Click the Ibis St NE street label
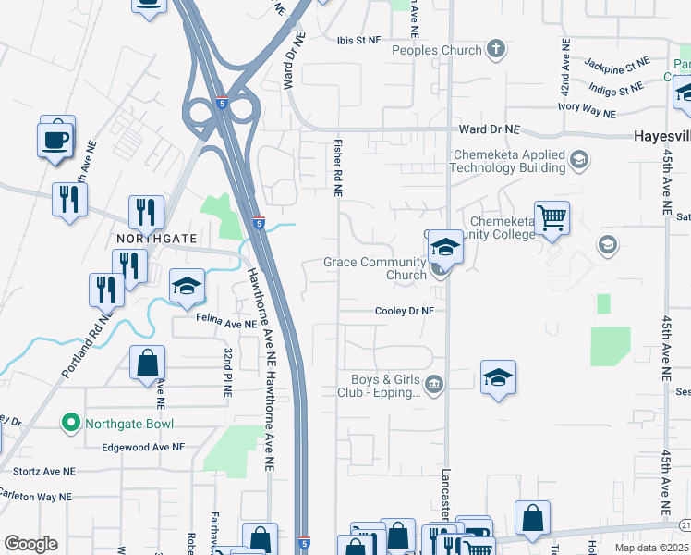pyautogui.click(x=358, y=41)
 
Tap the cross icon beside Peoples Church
pyautogui.click(x=496, y=50)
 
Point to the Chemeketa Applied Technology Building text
pyautogui.click(x=507, y=162)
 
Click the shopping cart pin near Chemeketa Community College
pyautogui.click(x=552, y=219)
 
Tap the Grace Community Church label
pyautogui.click(x=374, y=268)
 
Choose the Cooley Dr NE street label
pyautogui.click(x=404, y=312)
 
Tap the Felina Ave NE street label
pyautogui.click(x=225, y=325)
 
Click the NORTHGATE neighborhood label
pyautogui.click(x=157, y=239)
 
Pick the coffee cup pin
pyautogui.click(x=54, y=140)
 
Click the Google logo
pyautogui.click(x=30, y=544)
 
